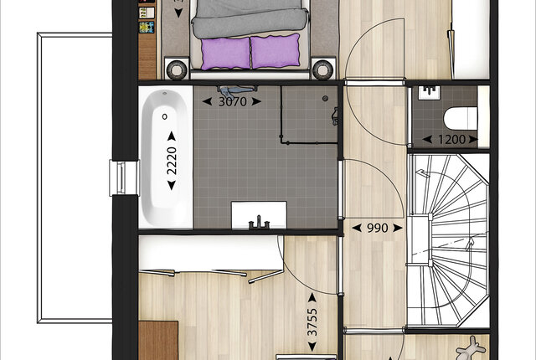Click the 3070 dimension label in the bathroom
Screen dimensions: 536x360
(232, 101)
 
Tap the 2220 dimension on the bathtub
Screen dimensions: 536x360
(172, 161)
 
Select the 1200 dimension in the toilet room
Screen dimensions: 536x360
(451, 139)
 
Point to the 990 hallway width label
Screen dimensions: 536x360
(377, 228)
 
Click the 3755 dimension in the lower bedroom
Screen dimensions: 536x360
(312, 322)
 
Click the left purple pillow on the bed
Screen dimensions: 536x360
(226, 54)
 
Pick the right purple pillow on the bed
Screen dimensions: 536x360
(276, 50)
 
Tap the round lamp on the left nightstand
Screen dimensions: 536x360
(177, 69)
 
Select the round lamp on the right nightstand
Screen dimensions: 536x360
(322, 69)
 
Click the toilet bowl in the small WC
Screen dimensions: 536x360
(460, 118)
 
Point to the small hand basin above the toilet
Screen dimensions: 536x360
(429, 92)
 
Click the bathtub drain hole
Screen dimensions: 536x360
(165, 116)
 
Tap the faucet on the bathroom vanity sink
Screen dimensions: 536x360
(259, 223)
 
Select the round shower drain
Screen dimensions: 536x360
(325, 98)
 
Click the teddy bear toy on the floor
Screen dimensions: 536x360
(472, 347)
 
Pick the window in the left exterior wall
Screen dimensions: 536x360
(122, 177)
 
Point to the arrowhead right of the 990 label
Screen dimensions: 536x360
(398, 228)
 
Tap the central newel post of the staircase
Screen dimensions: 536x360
(430, 239)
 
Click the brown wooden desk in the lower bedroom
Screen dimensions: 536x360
(158, 340)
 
